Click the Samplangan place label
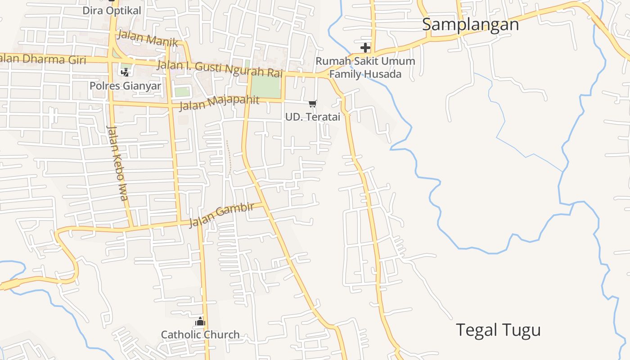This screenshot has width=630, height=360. [470, 24]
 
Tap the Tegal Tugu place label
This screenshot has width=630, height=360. [498, 330]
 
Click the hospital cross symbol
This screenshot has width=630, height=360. [365, 47]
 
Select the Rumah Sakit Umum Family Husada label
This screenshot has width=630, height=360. [365, 67]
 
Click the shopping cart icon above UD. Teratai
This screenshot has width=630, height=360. [313, 104]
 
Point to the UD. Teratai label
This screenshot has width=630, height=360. [312, 117]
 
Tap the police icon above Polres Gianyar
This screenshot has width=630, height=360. [125, 72]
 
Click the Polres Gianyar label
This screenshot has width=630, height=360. [125, 85]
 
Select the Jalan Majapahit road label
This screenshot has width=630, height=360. [219, 103]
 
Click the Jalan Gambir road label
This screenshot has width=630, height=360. [221, 214]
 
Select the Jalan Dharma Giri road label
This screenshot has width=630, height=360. [43, 58]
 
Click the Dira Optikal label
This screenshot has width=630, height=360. [112, 10]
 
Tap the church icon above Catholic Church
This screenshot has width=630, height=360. [200, 321]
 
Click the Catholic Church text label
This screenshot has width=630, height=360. [200, 335]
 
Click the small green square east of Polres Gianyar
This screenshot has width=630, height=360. [182, 91]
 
